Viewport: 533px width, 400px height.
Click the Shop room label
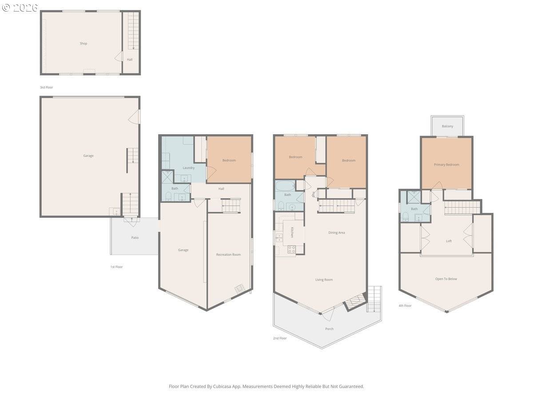point(83,44)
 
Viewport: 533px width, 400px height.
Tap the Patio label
point(135,238)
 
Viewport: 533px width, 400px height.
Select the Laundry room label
point(188,168)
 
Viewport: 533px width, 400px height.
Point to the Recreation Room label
point(228,255)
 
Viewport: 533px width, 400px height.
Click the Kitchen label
point(292,232)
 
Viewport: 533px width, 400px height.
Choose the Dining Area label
point(336,233)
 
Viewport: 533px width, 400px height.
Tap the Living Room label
point(324,280)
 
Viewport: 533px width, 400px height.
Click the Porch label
point(329,329)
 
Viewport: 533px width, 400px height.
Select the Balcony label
point(447,127)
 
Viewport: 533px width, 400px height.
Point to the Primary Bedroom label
point(446,165)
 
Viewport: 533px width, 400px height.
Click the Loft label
point(449,241)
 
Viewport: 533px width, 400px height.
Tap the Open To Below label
point(446,279)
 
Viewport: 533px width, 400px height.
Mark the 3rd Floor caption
point(46,88)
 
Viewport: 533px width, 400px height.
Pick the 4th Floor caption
point(405,306)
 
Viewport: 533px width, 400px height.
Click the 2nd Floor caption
point(280,338)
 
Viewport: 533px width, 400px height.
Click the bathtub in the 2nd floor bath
point(283,185)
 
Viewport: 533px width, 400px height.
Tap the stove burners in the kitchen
point(292,249)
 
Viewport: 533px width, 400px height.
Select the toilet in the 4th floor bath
point(405,216)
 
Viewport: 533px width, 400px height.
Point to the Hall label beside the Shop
point(130,60)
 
